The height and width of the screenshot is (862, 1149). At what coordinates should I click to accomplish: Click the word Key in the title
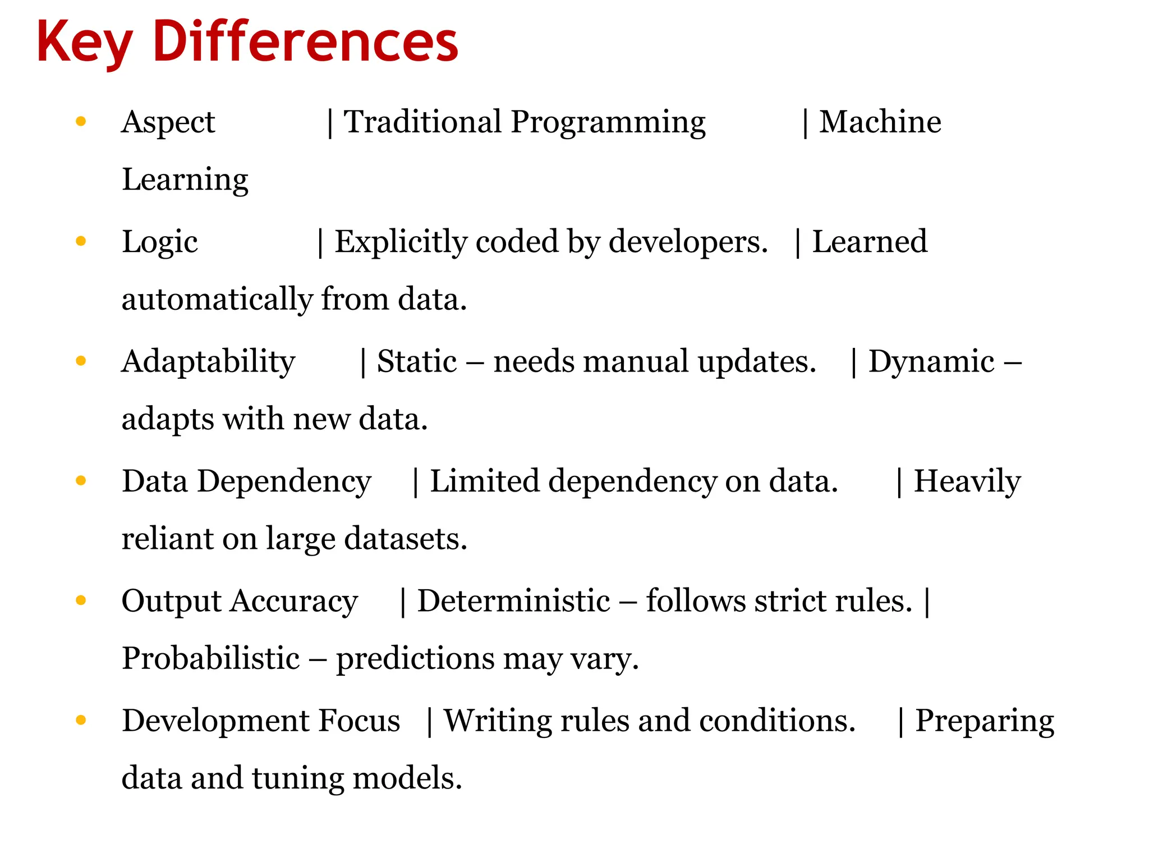coord(84,43)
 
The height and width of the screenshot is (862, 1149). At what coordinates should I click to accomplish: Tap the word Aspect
coord(168,122)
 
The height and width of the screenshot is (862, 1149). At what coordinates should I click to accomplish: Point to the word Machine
coord(880,122)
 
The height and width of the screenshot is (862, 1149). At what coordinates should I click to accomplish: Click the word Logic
coord(160,242)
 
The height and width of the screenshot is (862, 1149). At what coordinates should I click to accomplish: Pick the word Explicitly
coord(401,242)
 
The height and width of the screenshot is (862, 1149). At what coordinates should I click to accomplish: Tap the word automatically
coord(217,299)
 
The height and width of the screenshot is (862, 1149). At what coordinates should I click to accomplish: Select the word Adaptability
coord(208,361)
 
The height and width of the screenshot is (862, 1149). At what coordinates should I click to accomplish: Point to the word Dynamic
coord(931,361)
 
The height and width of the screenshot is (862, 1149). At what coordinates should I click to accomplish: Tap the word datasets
coord(405,539)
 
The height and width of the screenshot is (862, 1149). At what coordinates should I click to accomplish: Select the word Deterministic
coord(513,601)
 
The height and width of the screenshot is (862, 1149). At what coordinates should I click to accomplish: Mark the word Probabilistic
coord(211,658)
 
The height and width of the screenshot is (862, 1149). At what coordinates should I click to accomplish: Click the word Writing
coord(497,721)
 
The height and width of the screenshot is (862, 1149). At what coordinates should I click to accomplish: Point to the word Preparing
coord(985,721)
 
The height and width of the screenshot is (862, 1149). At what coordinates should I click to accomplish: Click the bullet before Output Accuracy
coord(81,600)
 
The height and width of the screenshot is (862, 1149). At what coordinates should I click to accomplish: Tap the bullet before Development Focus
coord(81,720)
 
